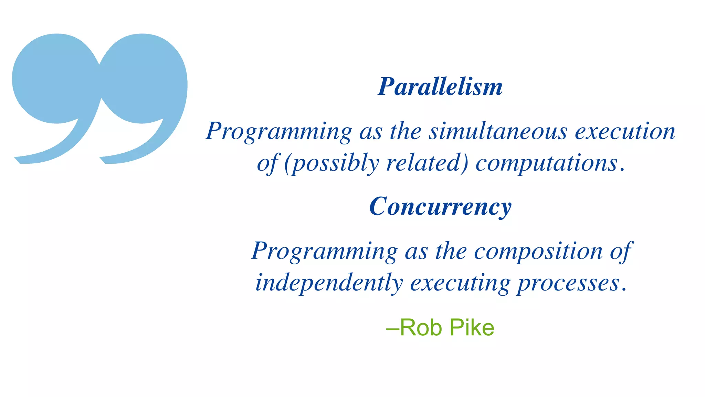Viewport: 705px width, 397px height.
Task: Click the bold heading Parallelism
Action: (x=440, y=86)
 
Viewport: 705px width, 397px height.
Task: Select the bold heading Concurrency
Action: (x=440, y=207)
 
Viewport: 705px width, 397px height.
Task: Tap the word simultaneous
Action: (x=498, y=131)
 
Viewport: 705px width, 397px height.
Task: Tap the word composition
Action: (x=538, y=251)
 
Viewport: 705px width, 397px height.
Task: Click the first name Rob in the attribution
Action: (x=421, y=327)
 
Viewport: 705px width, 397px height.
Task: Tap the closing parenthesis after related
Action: (x=465, y=163)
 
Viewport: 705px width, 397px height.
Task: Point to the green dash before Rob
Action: (x=392, y=328)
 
